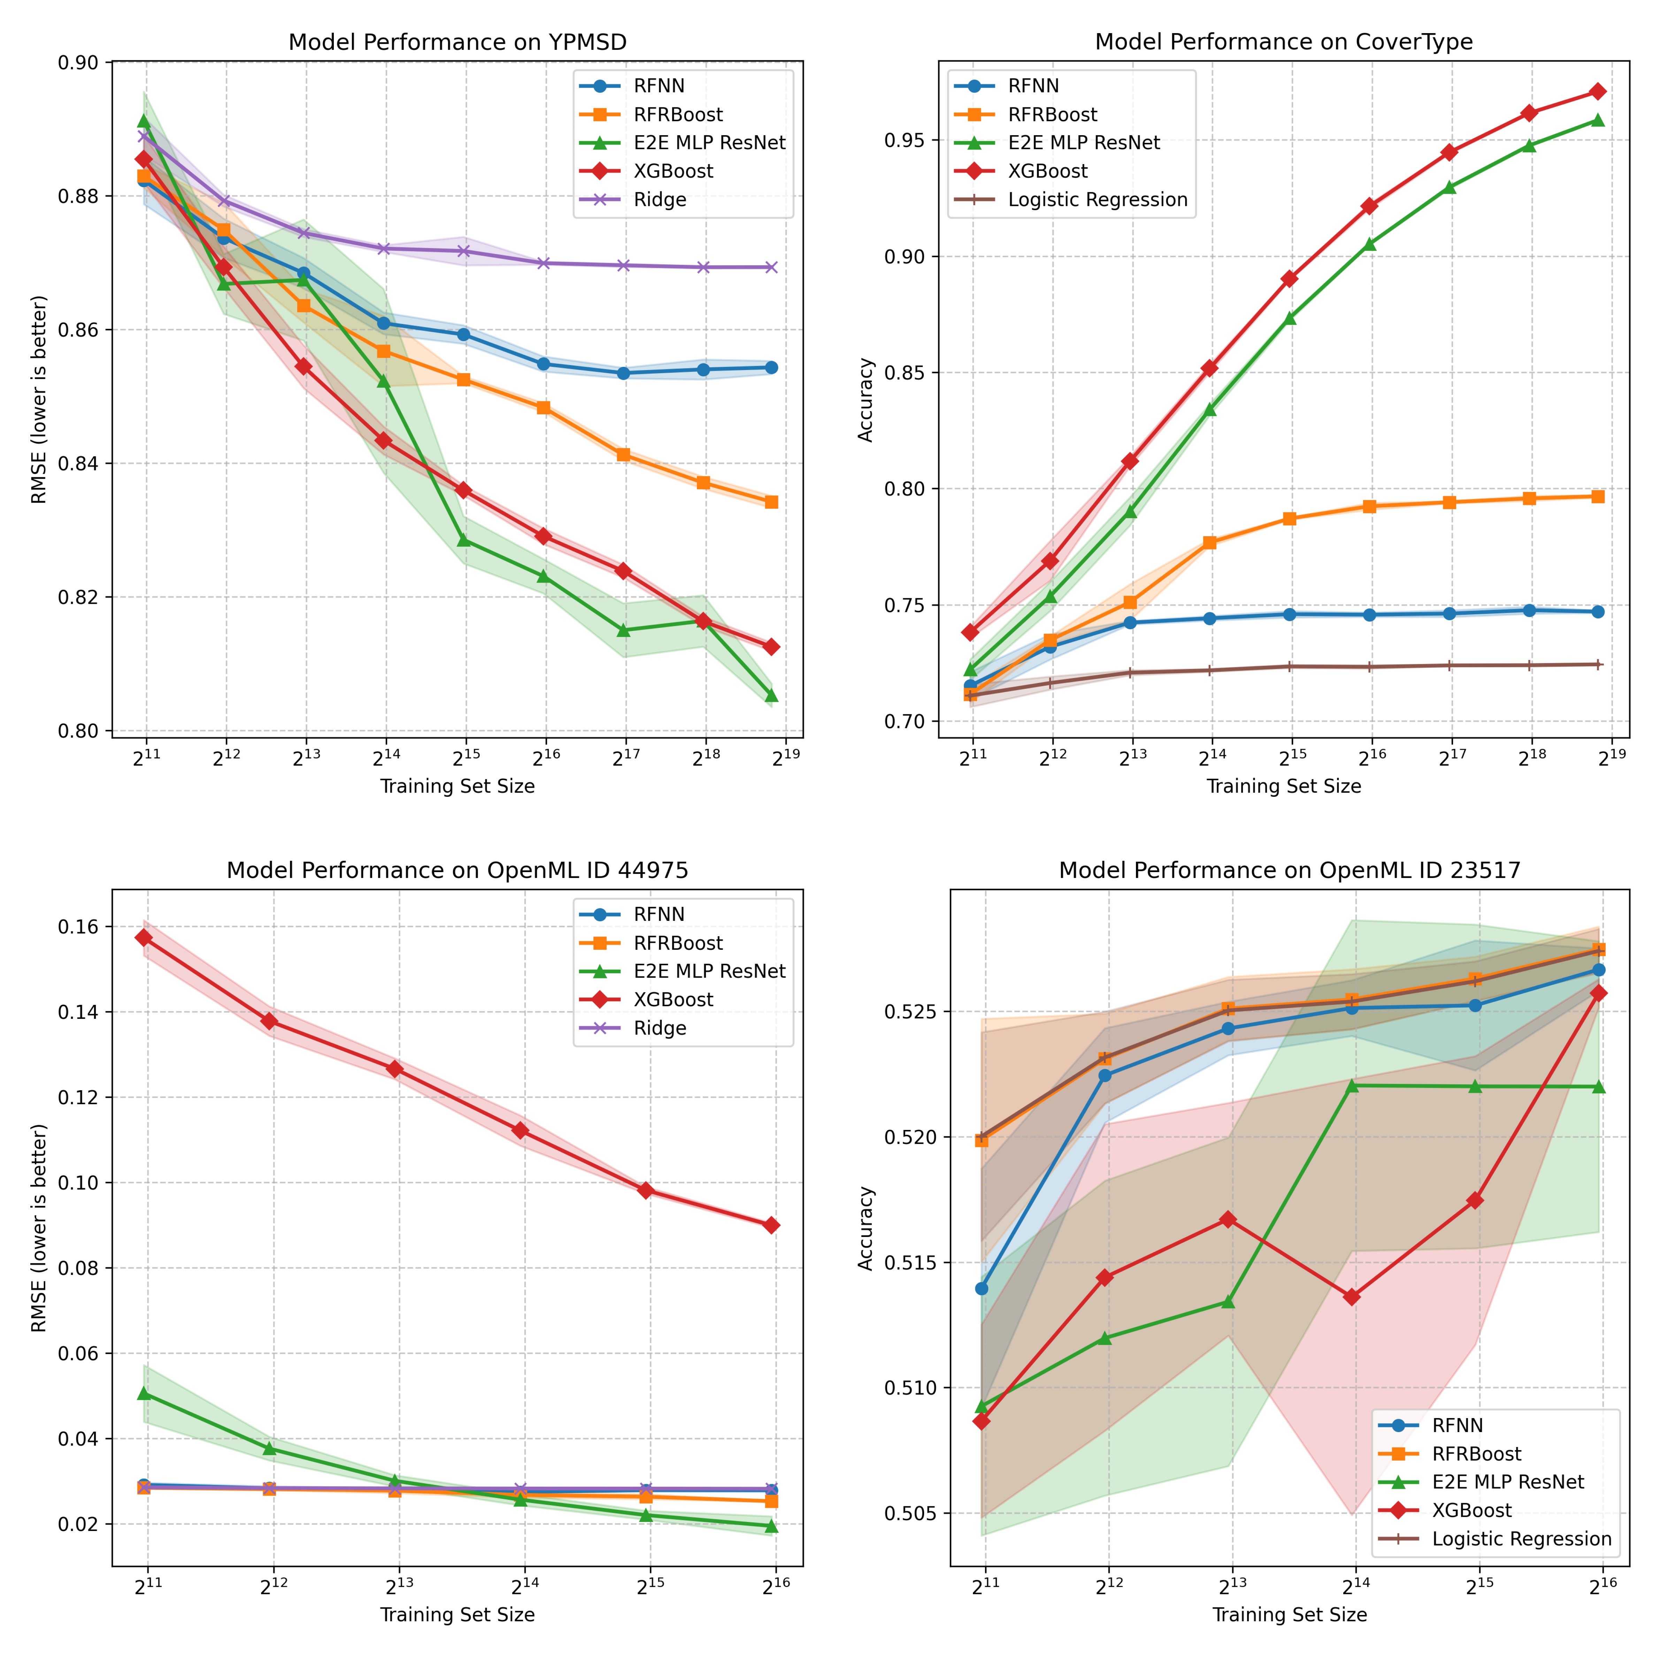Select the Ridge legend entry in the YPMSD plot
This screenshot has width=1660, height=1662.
tap(660, 200)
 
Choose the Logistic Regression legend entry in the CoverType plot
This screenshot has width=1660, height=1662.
tap(1097, 200)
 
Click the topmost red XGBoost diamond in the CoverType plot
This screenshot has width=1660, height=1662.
tap(1597, 91)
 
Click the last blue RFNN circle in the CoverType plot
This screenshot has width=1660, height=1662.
tap(1597, 611)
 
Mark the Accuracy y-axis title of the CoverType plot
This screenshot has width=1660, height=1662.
tap(866, 400)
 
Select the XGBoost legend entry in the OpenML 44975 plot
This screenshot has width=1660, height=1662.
tap(673, 1000)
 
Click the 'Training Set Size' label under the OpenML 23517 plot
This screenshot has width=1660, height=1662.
tap(1289, 1615)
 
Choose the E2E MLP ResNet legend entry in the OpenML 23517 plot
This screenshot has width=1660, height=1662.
tap(1507, 1482)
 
